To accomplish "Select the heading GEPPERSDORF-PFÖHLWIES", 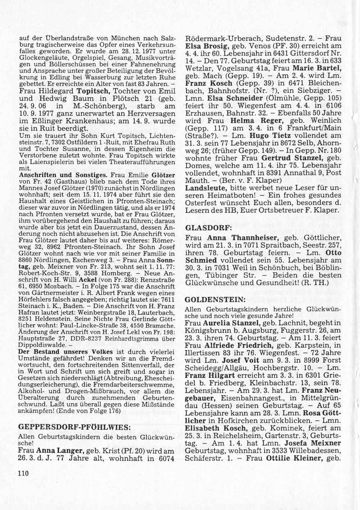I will point(74,427).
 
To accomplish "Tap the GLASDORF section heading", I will point(205,228).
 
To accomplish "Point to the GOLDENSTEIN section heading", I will point(212,299).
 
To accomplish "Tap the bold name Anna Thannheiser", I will point(242,238).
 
